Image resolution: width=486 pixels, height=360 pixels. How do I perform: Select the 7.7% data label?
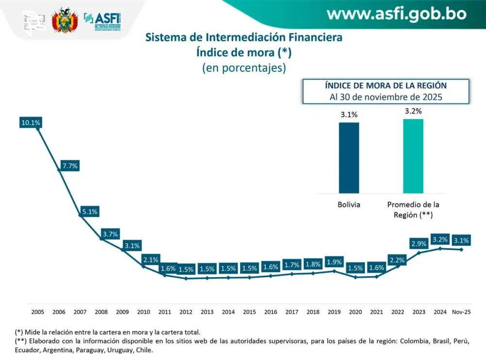pyautogui.click(x=70, y=166)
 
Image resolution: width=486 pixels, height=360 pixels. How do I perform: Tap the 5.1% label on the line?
pyautogui.click(x=90, y=211)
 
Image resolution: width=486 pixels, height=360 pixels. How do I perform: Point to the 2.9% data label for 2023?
pyautogui.click(x=419, y=243)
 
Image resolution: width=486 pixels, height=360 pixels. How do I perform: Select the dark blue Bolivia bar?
pyautogui.click(x=349, y=157)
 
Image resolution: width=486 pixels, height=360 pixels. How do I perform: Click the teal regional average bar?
pyautogui.click(x=413, y=156)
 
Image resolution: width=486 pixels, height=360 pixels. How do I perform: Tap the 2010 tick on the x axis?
pyautogui.click(x=143, y=311)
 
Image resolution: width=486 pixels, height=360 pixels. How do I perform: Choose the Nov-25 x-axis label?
pyautogui.click(x=461, y=311)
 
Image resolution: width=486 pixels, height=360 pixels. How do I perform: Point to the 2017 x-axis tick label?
pyautogui.click(x=292, y=311)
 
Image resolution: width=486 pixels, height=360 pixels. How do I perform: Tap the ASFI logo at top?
pyautogui.click(x=103, y=21)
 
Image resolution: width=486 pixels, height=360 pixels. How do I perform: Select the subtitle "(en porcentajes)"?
pyautogui.click(x=244, y=68)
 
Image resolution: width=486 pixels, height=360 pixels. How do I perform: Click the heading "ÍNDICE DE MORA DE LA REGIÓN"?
pyautogui.click(x=386, y=86)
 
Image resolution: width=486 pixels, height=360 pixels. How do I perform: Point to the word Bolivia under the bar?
pyautogui.click(x=349, y=205)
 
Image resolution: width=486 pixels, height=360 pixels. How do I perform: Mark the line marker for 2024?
pyautogui.click(x=440, y=248)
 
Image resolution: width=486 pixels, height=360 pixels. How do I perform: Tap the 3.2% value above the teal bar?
pyautogui.click(x=413, y=111)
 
